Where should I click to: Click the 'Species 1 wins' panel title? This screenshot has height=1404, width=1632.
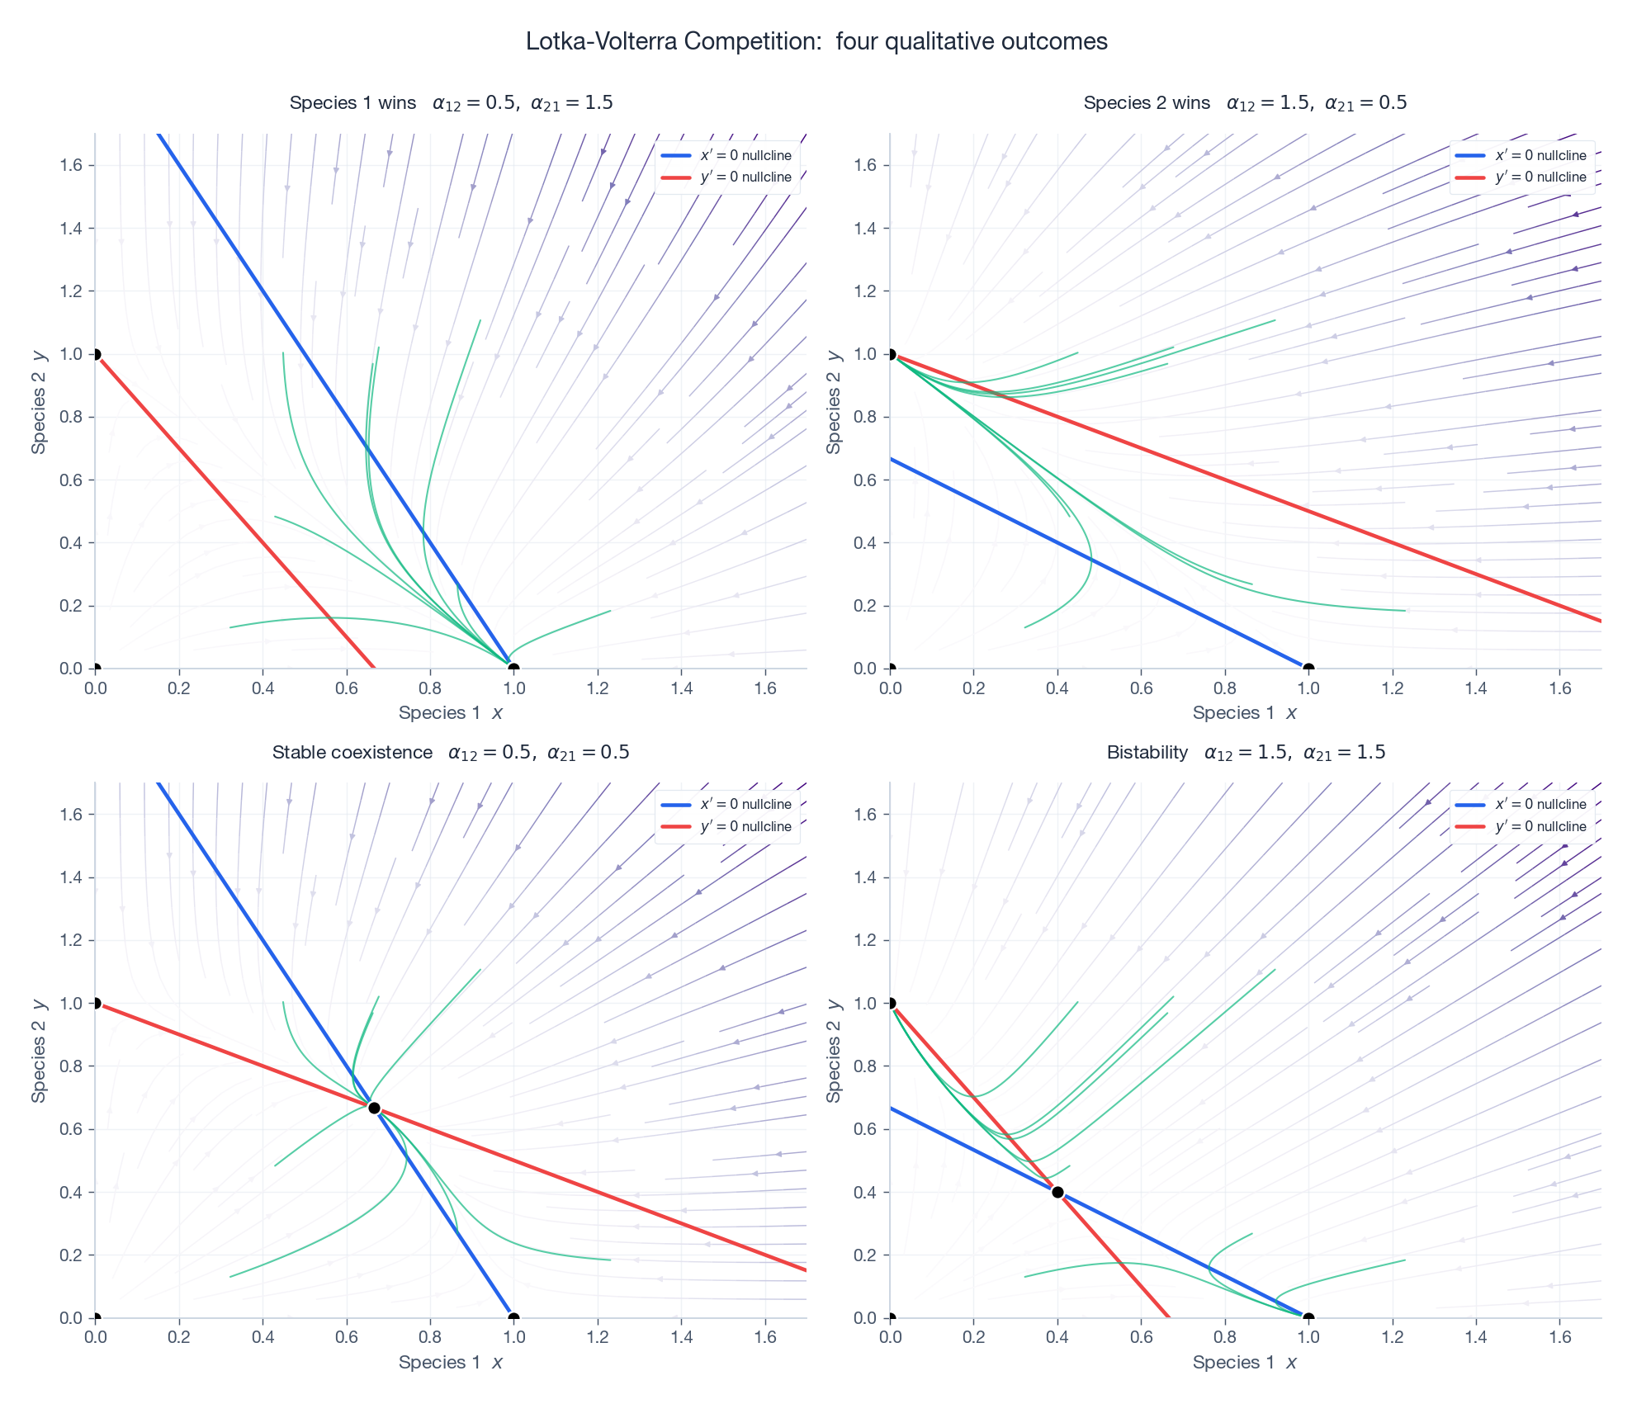352,103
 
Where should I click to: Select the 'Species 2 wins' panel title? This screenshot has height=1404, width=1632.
1147,103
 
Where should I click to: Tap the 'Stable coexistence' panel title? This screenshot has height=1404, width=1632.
352,753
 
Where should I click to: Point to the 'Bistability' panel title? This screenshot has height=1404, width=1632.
1147,753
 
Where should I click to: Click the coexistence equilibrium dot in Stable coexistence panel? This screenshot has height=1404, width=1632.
374,1109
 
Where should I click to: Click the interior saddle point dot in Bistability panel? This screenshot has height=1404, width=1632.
1057,1192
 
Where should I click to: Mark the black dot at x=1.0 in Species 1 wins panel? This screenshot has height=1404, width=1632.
513,669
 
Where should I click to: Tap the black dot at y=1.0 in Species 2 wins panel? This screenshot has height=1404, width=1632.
890,354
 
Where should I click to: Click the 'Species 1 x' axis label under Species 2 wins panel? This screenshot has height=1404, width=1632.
1244,713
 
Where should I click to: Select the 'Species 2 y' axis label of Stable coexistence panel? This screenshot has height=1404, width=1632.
38,1050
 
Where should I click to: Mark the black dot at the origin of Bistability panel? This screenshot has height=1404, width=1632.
890,1318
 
